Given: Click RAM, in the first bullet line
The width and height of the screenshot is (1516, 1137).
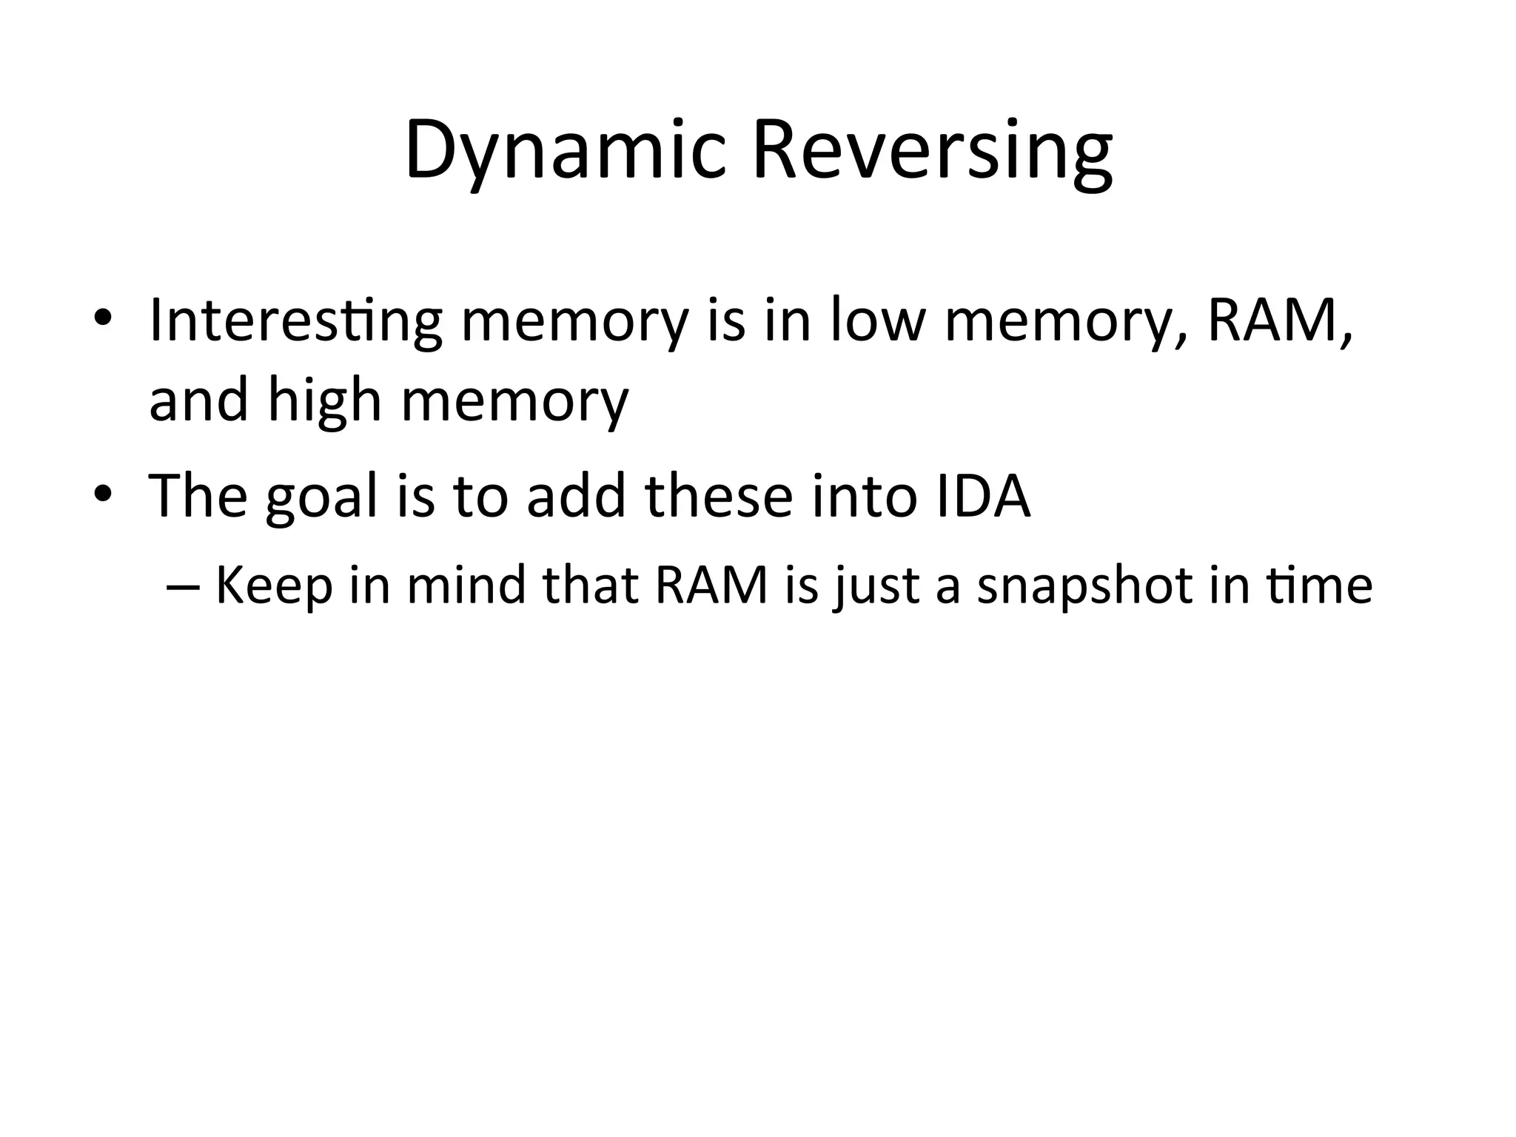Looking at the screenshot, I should click(1280, 321).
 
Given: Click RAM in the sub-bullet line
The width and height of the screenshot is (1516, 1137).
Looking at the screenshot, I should click(712, 585).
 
